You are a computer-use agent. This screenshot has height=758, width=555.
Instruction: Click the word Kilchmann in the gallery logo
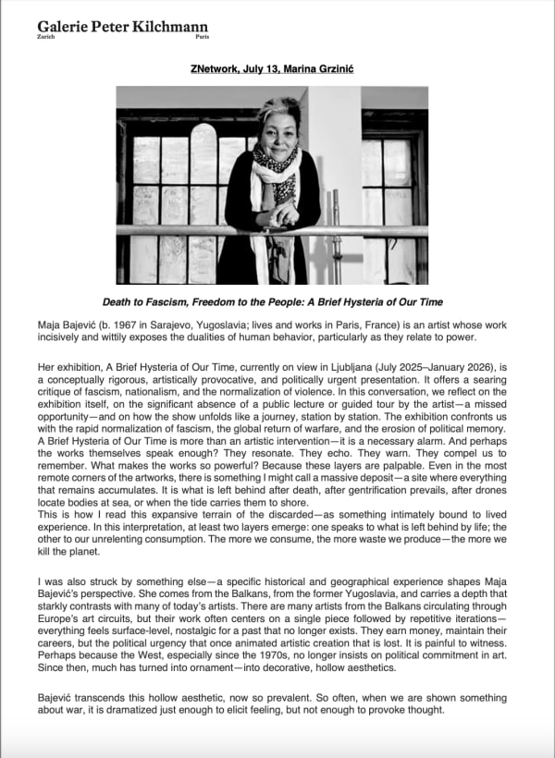point(165,29)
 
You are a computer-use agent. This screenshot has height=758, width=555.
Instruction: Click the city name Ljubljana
point(357,366)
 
